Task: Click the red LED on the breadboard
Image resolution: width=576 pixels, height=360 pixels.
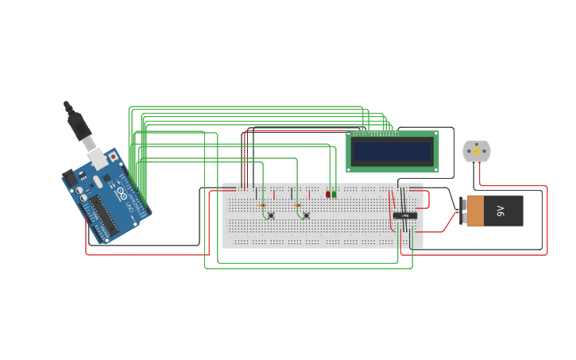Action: pos(327,193)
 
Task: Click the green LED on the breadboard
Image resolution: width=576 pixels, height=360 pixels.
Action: pos(334,193)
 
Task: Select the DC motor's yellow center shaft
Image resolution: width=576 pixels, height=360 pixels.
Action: pos(477,151)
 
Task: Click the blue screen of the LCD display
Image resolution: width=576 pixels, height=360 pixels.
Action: pos(392,150)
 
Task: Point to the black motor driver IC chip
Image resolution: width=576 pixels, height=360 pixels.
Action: pos(405,215)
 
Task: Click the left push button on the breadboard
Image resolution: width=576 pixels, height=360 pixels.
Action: pos(271,215)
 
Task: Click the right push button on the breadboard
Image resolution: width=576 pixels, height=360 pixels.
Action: pos(306,215)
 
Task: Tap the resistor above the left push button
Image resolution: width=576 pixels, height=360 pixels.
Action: pos(263,205)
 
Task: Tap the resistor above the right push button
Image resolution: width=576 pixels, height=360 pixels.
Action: pos(298,205)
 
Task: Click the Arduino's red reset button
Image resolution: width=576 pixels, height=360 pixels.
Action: pos(113,157)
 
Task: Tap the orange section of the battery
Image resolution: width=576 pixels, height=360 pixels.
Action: pos(475,211)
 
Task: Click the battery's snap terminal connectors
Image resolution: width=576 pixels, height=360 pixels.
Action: pos(462,211)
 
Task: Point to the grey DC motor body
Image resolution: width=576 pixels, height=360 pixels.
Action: pos(477,151)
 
